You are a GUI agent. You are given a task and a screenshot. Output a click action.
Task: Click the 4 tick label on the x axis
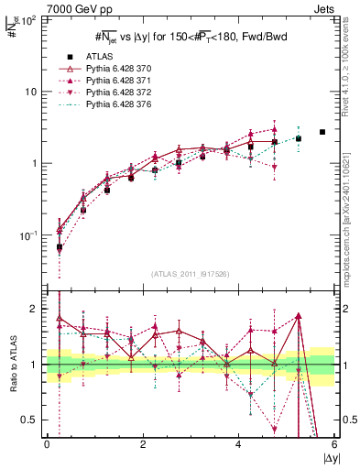click(238, 445)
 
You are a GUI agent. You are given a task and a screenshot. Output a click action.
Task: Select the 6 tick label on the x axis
click(334, 445)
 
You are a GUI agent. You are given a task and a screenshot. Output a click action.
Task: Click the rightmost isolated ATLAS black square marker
click(322, 132)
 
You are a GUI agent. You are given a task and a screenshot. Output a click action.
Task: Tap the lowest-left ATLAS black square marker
click(60, 247)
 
